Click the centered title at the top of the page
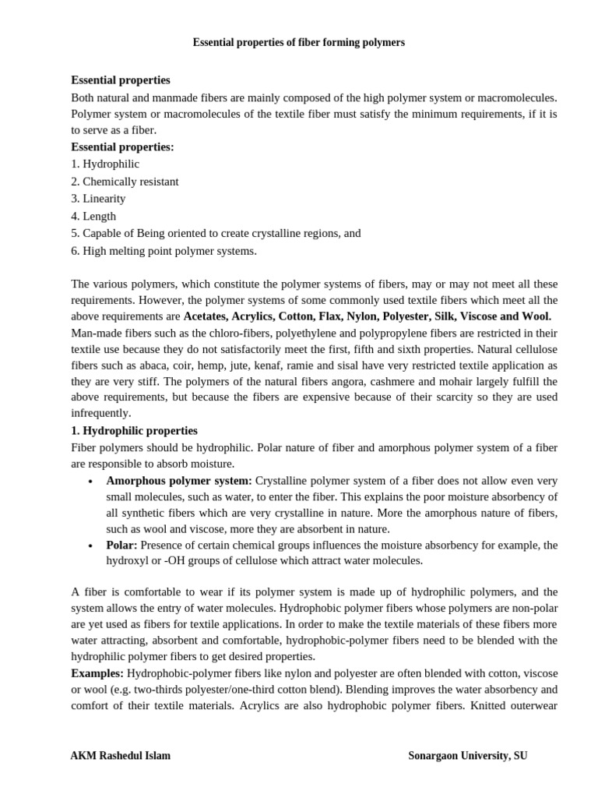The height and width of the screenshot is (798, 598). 299,43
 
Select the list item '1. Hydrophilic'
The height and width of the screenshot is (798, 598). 105,164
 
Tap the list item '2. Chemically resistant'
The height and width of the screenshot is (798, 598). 125,182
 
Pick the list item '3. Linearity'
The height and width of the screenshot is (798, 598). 98,199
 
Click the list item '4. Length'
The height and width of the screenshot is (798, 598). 93,216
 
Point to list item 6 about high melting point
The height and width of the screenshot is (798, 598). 164,251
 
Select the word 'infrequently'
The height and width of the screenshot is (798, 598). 101,414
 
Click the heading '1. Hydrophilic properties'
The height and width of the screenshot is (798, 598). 134,431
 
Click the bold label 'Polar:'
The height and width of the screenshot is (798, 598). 122,545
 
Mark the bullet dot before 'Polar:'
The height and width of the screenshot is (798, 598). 92,546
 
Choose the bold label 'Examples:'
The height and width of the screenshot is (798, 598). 97,673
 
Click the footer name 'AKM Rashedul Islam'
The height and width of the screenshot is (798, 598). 121,755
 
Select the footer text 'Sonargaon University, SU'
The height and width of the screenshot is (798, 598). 467,755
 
